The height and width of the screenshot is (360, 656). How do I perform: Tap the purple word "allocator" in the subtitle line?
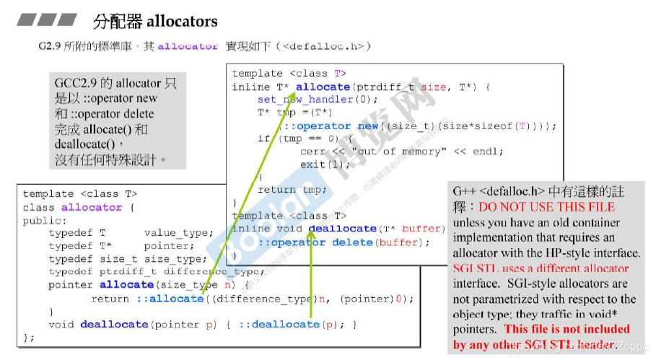tap(187, 46)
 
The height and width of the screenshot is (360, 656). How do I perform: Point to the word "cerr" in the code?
tap(312, 152)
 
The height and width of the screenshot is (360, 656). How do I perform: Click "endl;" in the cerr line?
tap(489, 152)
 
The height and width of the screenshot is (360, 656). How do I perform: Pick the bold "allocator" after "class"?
tap(92, 207)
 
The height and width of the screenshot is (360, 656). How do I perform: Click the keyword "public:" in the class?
tap(44, 220)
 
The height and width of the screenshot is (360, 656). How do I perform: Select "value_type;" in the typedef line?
tap(178, 233)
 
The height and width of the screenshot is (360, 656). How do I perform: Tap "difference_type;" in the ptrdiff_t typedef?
tap(213, 272)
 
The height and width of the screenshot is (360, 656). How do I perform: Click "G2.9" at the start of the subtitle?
tap(51, 46)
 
